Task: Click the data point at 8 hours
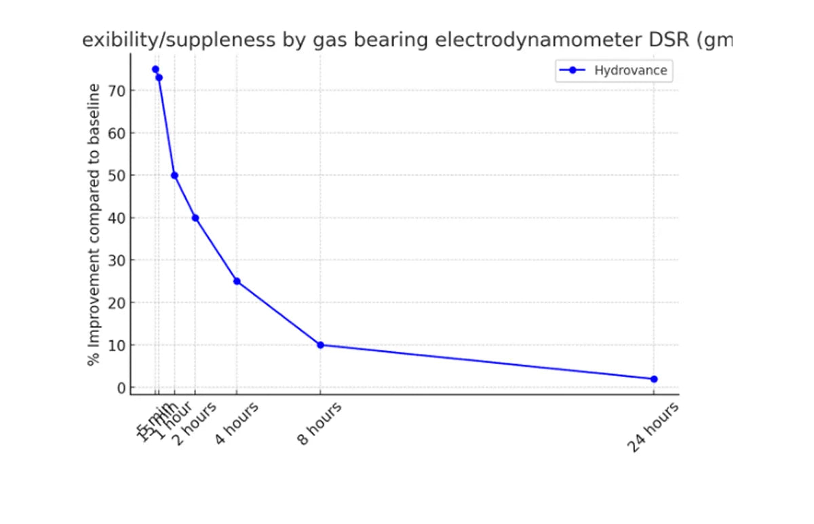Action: click(320, 345)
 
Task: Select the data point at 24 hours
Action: click(654, 379)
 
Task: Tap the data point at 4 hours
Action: click(237, 281)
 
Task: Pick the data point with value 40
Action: click(195, 218)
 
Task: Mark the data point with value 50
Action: click(174, 176)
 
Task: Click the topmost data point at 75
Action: click(155, 69)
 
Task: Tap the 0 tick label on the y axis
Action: click(122, 388)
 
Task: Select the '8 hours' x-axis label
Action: click(319, 424)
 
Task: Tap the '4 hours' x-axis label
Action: click(237, 423)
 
